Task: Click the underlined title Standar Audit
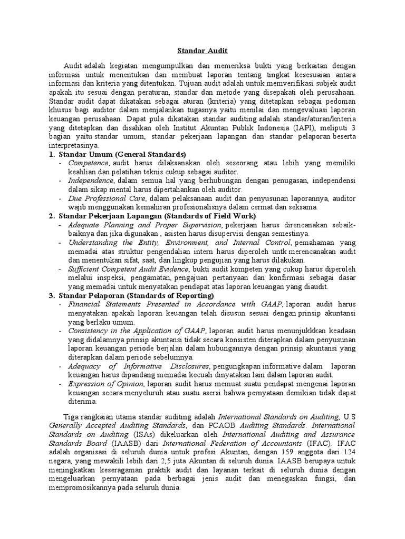[202, 51]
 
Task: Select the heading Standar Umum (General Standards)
[122, 154]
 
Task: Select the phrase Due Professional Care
[108, 198]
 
